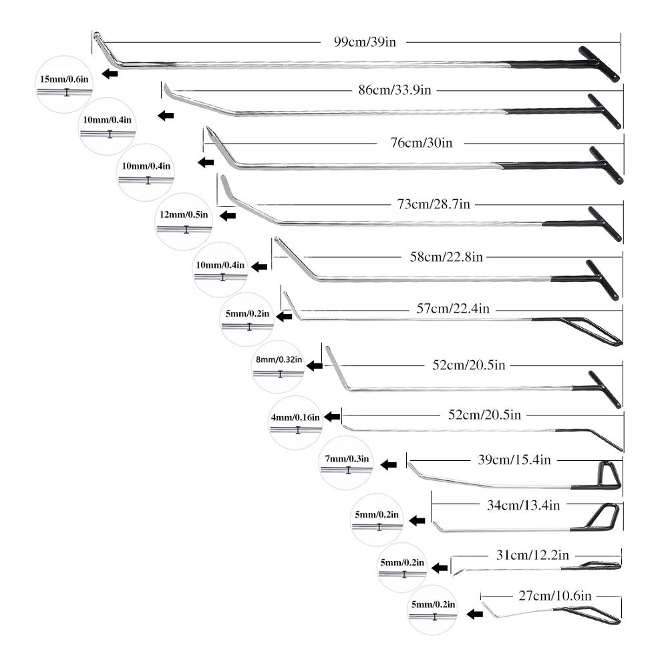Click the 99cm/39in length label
(x=365, y=41)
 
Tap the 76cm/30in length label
(x=422, y=143)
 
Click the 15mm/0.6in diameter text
(x=64, y=79)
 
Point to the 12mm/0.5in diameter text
(x=184, y=214)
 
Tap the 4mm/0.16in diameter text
(x=295, y=417)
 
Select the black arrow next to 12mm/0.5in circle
(x=228, y=215)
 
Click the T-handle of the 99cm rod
(x=599, y=64)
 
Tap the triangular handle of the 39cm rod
(x=609, y=475)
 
